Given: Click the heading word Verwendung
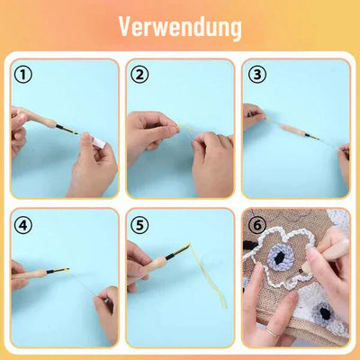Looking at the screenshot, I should click(x=180, y=27).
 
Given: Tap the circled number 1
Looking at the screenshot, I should click(x=23, y=75).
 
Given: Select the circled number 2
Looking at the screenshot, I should click(x=139, y=75).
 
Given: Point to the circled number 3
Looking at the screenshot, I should click(x=256, y=75).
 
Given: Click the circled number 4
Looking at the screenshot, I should click(x=23, y=223).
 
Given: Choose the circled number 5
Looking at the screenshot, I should click(x=139, y=223).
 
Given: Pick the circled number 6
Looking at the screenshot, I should click(x=256, y=223).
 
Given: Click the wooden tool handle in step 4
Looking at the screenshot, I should click(x=34, y=271).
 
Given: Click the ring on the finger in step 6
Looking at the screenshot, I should click(x=266, y=331).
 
